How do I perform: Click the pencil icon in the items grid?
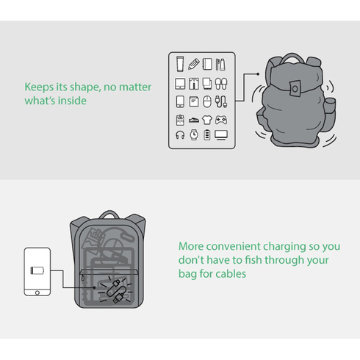point(194,64)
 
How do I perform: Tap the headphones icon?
point(180,135)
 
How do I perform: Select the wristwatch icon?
point(194,134)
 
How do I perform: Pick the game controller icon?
point(221,120)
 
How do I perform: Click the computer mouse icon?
point(207,101)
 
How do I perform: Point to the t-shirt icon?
point(207,120)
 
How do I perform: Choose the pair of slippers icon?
point(221,84)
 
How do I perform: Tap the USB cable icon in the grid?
point(221,101)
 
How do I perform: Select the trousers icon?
point(194,84)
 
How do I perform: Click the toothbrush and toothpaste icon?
point(220,65)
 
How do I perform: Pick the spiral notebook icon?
point(207,64)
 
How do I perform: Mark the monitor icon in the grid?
point(221,135)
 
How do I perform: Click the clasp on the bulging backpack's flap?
point(295,88)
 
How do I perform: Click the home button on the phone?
point(37,292)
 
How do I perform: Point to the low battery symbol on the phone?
point(37,270)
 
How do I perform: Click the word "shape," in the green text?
point(85,87)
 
